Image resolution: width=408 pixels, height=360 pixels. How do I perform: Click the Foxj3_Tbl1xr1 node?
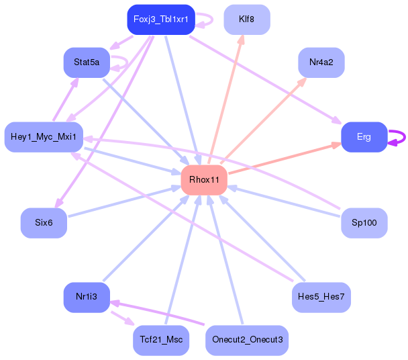tap(161, 19)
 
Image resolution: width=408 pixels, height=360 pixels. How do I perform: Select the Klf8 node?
tap(247, 19)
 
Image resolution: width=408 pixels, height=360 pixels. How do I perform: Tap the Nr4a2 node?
tap(321, 62)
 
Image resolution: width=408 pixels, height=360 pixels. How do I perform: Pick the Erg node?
tap(364, 137)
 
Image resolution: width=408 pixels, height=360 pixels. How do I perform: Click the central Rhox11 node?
tap(204, 180)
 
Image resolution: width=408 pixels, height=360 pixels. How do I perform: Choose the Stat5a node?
tap(87, 62)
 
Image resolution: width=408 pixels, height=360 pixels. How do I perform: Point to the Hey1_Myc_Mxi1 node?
tap(44, 137)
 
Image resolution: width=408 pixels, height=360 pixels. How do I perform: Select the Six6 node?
tap(44, 223)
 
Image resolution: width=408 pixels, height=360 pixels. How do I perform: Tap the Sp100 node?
tap(364, 223)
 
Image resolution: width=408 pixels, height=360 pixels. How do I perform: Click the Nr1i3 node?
tap(87, 298)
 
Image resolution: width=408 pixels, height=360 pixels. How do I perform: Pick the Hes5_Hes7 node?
tap(321, 298)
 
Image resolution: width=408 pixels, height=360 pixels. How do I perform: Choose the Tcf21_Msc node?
tap(161, 341)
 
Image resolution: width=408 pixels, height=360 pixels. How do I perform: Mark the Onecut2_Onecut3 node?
tap(247, 341)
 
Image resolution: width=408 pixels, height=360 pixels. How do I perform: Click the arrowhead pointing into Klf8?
tap(242, 40)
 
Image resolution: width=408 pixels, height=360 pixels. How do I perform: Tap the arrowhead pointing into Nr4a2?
tap(302, 81)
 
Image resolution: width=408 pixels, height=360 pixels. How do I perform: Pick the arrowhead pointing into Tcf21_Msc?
tap(130, 322)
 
